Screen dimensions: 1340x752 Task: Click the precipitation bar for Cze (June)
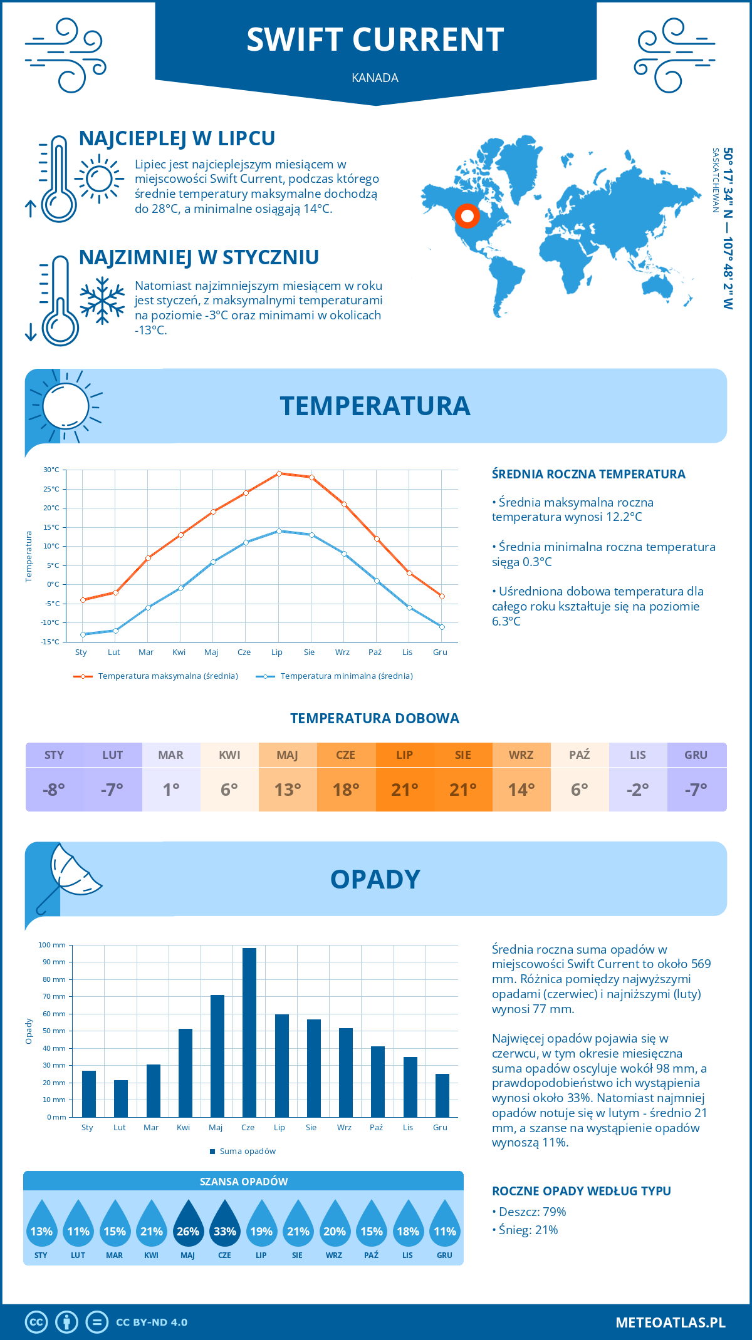(x=249, y=1033)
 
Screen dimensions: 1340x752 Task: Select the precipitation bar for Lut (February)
(x=121, y=1098)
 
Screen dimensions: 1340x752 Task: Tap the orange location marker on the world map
(x=467, y=216)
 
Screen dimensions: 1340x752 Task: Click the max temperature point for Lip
(x=279, y=473)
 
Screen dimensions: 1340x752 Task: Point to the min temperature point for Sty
(x=83, y=634)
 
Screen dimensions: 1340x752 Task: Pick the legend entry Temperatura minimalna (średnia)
(x=335, y=676)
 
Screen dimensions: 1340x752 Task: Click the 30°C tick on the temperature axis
(x=51, y=470)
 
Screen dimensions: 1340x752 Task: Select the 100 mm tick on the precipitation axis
(x=52, y=945)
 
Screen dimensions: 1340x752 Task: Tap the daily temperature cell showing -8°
(x=54, y=790)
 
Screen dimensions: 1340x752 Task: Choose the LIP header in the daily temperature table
(x=404, y=755)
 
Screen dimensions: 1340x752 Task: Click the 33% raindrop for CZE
(x=224, y=1227)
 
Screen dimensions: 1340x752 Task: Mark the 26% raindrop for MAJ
(x=188, y=1227)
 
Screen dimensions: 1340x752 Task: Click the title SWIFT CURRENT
(x=375, y=39)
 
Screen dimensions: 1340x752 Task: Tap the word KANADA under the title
(x=375, y=78)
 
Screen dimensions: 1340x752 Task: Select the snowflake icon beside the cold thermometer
(x=102, y=301)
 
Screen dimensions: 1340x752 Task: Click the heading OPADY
(x=375, y=879)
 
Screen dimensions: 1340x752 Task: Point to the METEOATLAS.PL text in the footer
(x=670, y=1322)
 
